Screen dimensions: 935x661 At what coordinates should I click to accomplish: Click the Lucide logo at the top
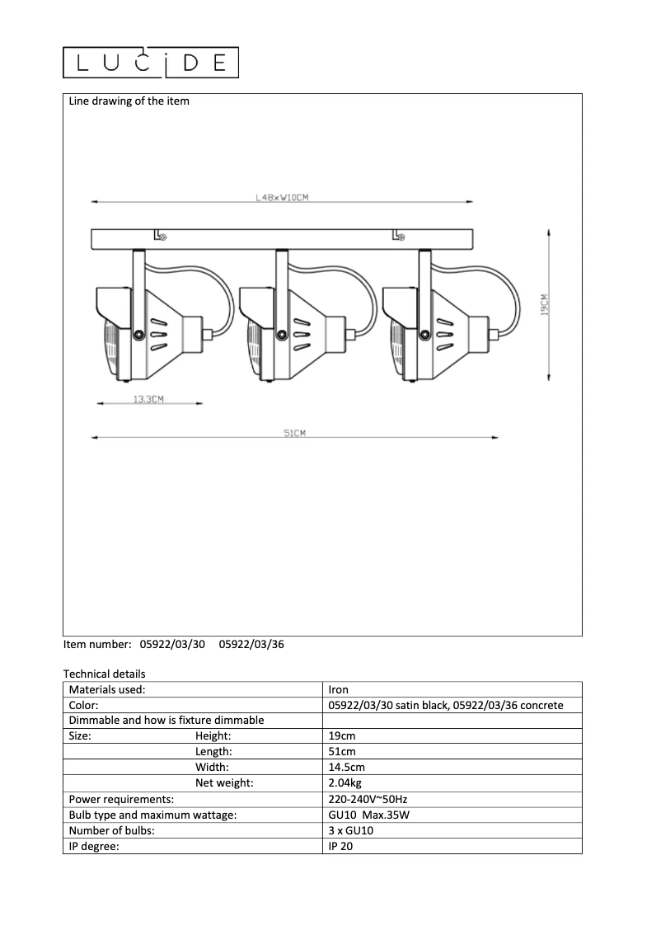coord(151,63)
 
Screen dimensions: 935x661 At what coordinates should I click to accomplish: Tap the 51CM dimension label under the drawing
coord(294,434)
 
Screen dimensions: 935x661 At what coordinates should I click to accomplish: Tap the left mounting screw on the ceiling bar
coord(162,237)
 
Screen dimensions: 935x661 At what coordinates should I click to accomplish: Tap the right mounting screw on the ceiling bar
coord(400,237)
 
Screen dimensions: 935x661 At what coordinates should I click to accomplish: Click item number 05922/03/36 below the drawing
coord(251,646)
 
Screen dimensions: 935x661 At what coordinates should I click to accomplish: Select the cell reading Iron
coord(338,690)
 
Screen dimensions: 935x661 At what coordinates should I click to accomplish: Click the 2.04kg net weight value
coord(345,782)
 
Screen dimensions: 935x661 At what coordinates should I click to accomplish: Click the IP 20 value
coord(340,845)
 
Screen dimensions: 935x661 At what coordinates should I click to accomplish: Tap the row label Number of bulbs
coord(112,829)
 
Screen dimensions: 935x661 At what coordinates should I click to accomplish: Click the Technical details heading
coord(104,674)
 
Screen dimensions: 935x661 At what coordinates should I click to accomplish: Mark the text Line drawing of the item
coord(129,101)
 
